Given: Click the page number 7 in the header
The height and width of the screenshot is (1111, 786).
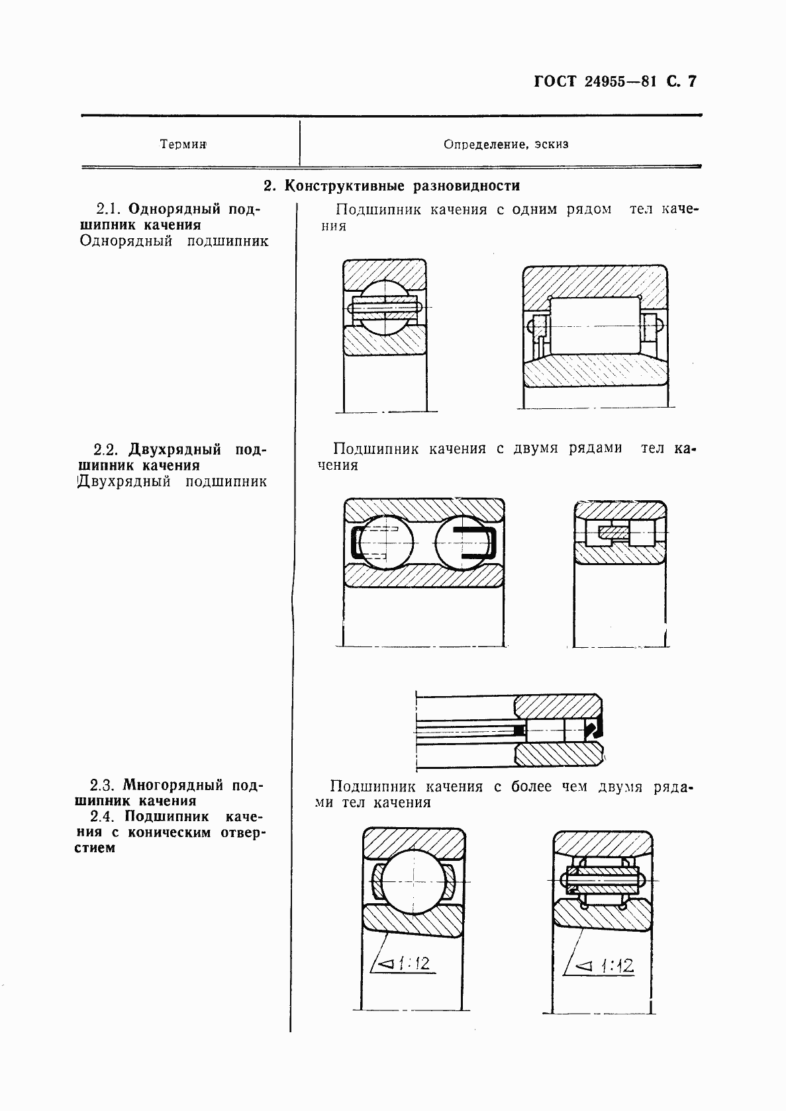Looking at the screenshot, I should click(693, 82).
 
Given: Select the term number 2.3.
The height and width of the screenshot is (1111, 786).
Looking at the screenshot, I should click(105, 785).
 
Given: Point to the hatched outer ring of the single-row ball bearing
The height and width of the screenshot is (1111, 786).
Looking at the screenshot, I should click(385, 273).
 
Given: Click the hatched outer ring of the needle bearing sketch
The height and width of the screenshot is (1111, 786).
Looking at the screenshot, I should click(558, 704).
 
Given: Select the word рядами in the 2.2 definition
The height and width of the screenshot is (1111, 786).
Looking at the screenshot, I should click(595, 448).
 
